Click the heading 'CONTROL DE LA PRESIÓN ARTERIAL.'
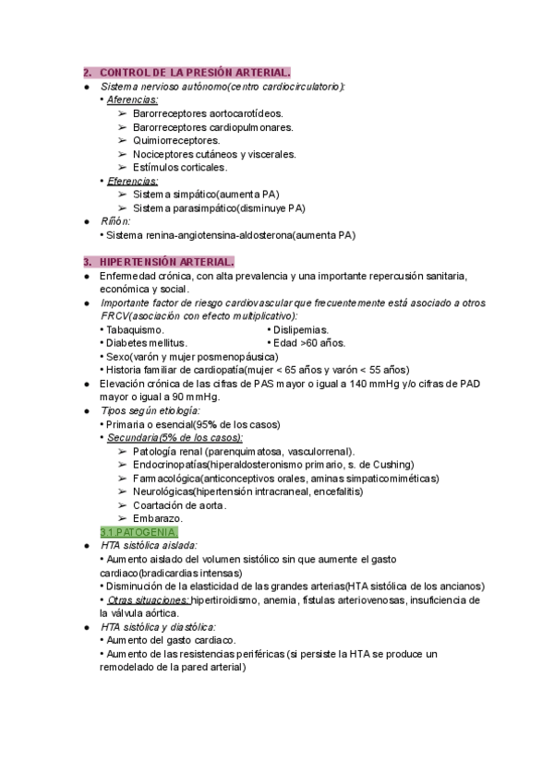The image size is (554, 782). pyautogui.click(x=195, y=73)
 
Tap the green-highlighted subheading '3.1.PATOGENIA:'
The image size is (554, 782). pyautogui.click(x=138, y=533)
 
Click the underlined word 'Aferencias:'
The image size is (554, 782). pyautogui.click(x=132, y=100)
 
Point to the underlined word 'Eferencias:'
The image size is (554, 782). pyautogui.click(x=132, y=181)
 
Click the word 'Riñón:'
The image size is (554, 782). pyautogui.click(x=116, y=221)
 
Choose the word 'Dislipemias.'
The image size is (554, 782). pyautogui.click(x=302, y=329)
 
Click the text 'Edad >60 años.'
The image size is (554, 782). pyautogui.click(x=309, y=343)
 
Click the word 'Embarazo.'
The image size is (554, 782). pyautogui.click(x=158, y=519)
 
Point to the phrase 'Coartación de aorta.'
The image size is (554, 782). pyautogui.click(x=179, y=505)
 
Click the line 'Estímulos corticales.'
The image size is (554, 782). pyautogui.click(x=180, y=167)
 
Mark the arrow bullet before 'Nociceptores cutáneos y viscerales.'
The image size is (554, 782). pyautogui.click(x=123, y=154)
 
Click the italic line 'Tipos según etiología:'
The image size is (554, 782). pyautogui.click(x=150, y=410)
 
